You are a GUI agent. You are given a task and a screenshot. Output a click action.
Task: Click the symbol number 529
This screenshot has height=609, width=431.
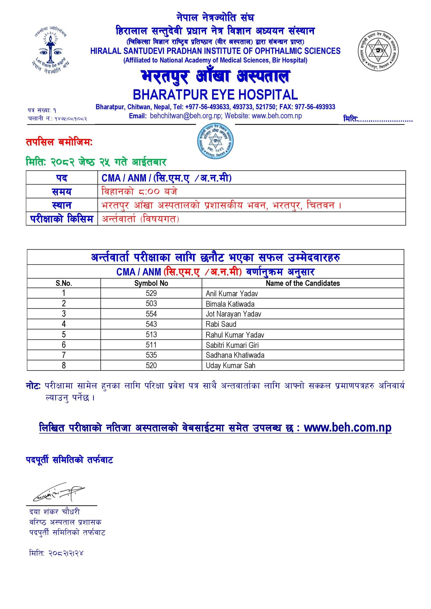151,293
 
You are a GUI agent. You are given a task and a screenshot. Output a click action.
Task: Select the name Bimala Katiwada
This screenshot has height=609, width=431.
230,304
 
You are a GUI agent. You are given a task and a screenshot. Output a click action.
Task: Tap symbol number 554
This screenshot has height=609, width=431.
151,314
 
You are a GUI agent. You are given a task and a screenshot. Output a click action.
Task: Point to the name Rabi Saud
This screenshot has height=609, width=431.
221,324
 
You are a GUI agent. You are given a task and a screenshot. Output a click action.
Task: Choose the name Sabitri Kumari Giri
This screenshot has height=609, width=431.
232,345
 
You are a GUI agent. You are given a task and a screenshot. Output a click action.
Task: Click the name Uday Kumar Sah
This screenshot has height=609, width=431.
230,366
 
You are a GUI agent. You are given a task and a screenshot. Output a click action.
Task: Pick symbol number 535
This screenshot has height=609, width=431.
151,355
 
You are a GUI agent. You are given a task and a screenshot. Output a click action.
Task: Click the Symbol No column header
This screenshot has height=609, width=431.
151,283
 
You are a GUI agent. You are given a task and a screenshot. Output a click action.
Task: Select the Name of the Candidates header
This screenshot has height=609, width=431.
303,283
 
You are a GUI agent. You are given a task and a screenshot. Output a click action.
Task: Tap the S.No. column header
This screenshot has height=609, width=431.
64,283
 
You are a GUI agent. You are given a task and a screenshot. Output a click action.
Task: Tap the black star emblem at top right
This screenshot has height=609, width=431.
378,51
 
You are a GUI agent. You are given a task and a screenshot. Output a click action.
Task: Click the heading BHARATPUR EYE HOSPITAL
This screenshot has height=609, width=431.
215,95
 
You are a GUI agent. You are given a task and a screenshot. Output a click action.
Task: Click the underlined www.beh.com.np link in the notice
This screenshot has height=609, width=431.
347,428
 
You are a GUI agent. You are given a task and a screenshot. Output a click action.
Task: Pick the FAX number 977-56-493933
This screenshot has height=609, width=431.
315,107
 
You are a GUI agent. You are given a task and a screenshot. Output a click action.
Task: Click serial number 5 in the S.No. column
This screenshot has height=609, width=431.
64,335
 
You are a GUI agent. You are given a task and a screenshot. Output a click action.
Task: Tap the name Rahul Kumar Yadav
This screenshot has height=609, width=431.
235,335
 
